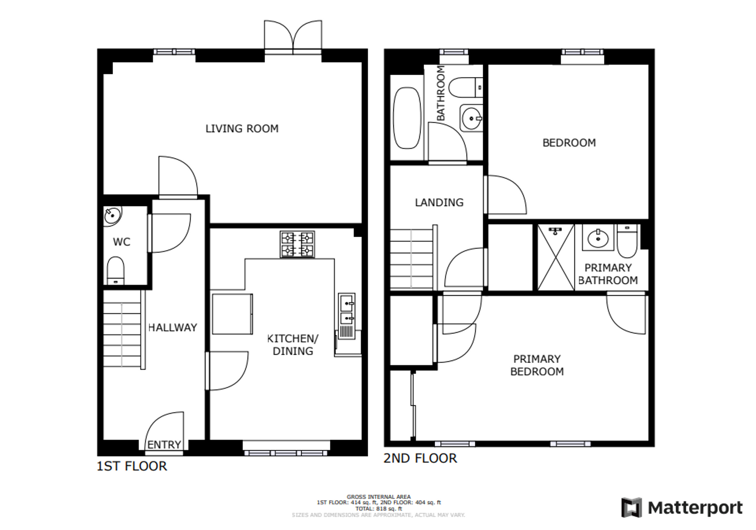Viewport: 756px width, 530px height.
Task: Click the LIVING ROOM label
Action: [x=242, y=129]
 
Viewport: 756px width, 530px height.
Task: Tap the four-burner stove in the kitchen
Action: [x=297, y=244]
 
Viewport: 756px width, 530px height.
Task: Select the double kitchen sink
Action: [x=347, y=316]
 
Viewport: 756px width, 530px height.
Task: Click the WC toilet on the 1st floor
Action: [x=115, y=271]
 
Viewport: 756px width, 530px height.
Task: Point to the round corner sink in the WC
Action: [x=112, y=216]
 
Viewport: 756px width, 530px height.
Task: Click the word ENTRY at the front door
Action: [x=164, y=445]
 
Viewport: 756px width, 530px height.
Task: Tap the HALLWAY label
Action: [x=173, y=327]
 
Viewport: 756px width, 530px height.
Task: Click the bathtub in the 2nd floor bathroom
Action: [x=407, y=118]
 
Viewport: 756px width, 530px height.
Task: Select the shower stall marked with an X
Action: [x=556, y=257]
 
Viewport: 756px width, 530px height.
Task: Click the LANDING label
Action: [x=439, y=203]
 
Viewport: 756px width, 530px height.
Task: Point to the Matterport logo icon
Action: [x=632, y=507]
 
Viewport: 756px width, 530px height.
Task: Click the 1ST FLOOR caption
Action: [x=132, y=466]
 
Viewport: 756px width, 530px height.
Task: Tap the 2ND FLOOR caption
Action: [x=420, y=458]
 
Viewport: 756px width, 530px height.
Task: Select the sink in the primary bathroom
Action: [x=598, y=237]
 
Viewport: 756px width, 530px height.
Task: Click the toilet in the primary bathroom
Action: [x=627, y=240]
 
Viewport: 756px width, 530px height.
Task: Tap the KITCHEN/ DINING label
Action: [x=293, y=345]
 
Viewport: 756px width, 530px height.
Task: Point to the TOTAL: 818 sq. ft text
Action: [x=378, y=508]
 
